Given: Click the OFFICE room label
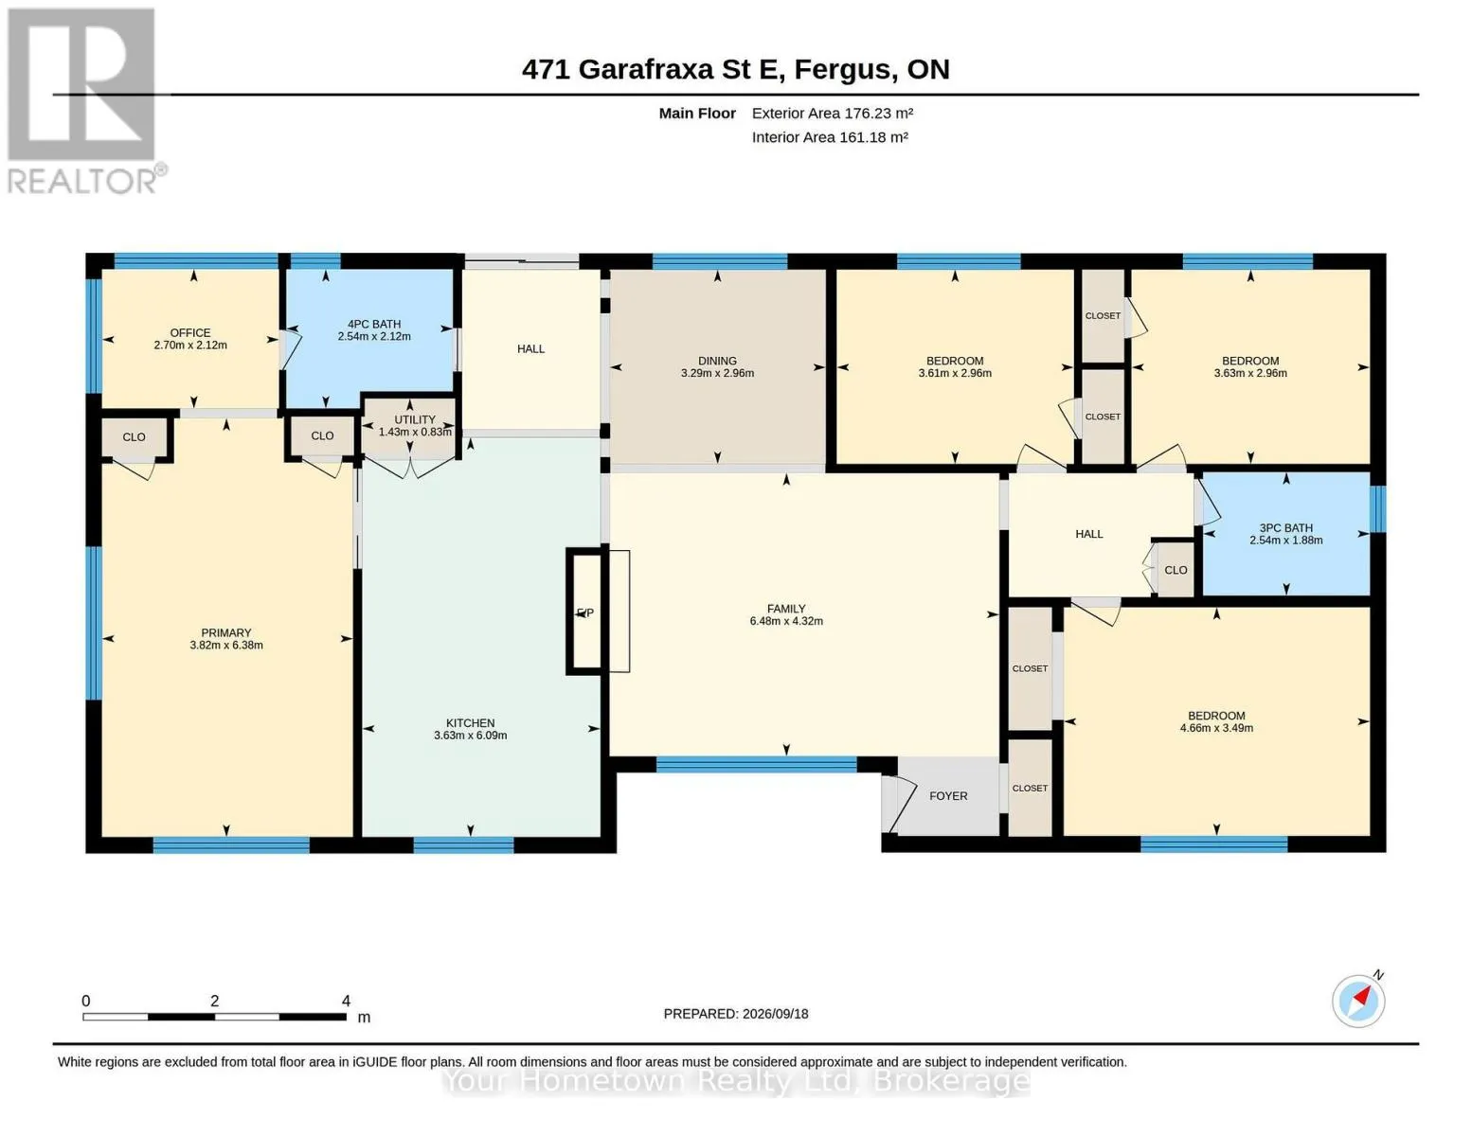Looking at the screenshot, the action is [x=190, y=332].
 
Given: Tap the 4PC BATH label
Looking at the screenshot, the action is [x=374, y=325].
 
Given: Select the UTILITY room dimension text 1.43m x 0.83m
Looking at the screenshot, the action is [x=415, y=432].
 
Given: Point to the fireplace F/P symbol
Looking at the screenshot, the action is [x=584, y=612].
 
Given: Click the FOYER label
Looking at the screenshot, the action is [x=948, y=796].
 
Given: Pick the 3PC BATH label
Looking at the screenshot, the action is [x=1285, y=528].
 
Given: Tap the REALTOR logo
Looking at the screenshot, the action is [x=84, y=101].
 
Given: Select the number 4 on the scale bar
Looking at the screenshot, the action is [x=346, y=1001].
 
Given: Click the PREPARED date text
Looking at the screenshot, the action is [x=736, y=1014].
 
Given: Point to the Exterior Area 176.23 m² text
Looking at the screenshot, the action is [x=833, y=113].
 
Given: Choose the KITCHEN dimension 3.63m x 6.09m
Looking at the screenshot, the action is [x=470, y=736].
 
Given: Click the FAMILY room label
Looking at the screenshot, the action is [x=786, y=609].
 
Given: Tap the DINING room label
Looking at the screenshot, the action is [x=717, y=361].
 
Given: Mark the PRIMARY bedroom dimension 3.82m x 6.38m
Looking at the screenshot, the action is [x=226, y=646].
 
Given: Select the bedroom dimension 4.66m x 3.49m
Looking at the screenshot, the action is [x=1216, y=728].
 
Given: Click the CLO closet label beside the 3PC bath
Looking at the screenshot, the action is [x=1176, y=570].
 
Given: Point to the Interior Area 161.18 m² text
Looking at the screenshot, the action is [x=830, y=137].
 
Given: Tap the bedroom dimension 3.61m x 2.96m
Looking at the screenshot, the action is [x=955, y=373].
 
